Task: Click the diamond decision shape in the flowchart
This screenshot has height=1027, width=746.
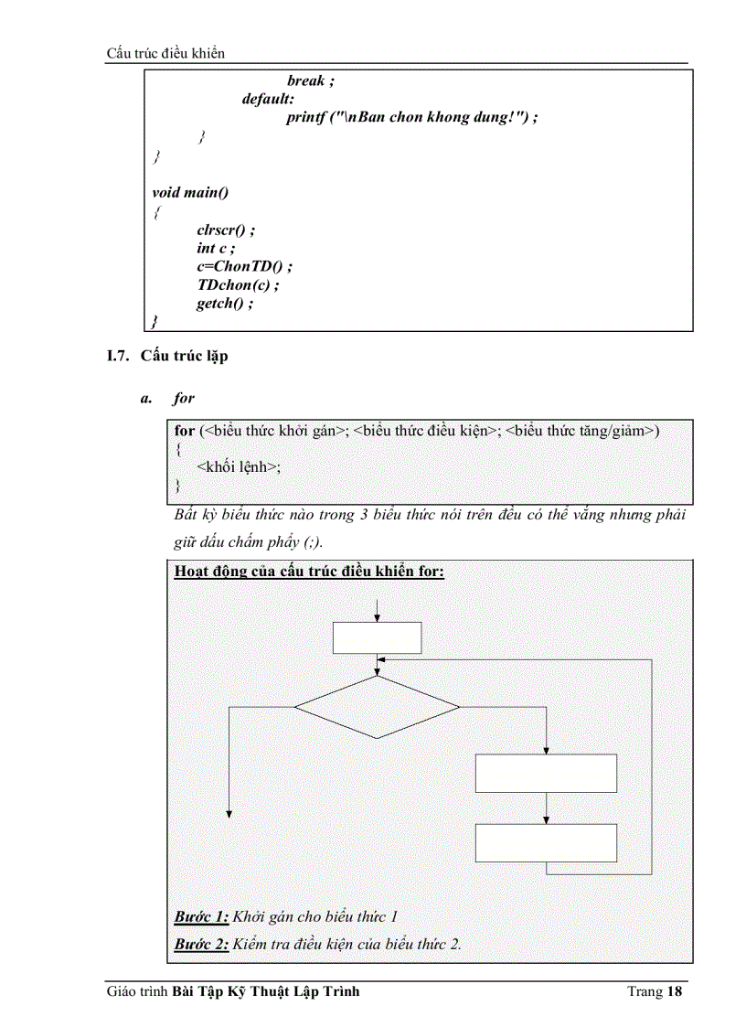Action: pos(377,707)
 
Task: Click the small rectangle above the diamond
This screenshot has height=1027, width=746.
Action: pos(377,638)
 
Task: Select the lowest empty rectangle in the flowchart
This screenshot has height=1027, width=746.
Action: pos(546,842)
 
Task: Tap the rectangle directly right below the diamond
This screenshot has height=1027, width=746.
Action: pos(546,773)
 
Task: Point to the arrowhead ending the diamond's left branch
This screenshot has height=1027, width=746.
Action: pos(229,813)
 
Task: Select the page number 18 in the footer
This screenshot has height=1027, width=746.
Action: pos(676,991)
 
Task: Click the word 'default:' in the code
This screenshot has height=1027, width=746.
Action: pos(268,100)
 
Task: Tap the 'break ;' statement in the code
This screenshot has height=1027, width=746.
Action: pos(311,80)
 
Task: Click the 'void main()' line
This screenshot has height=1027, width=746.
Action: pos(190,192)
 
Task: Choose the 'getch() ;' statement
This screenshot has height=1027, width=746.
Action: pos(224,303)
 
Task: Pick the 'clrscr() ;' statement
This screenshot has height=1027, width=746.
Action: pos(226,230)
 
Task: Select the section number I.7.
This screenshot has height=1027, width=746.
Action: pos(120,356)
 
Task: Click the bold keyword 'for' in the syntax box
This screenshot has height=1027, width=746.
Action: pos(185,430)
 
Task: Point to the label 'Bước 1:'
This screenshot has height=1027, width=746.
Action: pos(201,916)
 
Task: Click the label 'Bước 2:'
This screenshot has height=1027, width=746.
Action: pos(201,944)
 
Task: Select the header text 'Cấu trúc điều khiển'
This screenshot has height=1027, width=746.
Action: pos(165,53)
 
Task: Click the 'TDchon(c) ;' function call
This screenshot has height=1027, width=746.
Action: pos(237,284)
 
